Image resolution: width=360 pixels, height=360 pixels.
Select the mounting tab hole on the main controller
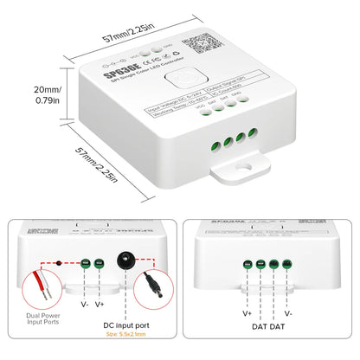pos(252,163)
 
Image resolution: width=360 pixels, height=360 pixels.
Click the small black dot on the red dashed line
pos(58,260)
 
